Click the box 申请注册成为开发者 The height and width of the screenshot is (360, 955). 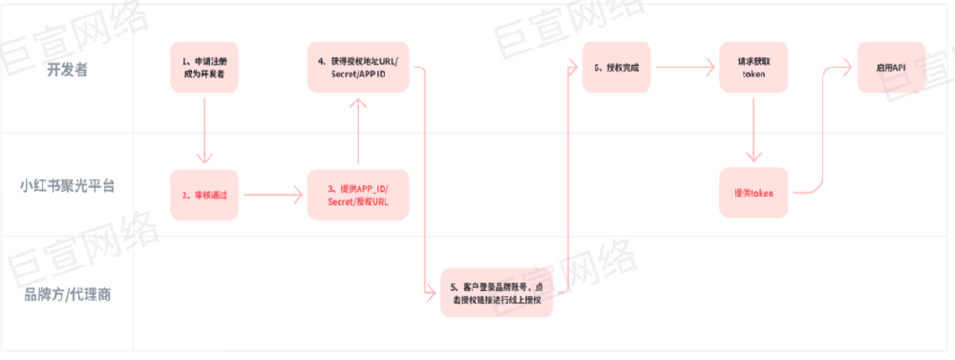click(204, 67)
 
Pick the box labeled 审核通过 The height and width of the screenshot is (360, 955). click(204, 195)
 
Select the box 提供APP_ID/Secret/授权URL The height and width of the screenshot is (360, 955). click(358, 195)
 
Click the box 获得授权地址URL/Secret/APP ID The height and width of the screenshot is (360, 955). click(358, 67)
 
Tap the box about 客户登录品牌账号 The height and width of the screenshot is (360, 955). click(498, 293)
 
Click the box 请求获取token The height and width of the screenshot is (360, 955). click(754, 67)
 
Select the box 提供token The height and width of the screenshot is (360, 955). click(754, 194)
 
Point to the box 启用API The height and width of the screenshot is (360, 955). click(891, 67)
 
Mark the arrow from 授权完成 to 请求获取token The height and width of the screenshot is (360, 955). click(686, 67)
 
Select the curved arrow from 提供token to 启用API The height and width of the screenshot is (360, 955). click(822, 134)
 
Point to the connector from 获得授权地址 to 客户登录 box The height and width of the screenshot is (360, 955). click(423, 181)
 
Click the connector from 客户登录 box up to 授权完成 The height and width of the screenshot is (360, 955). click(568, 181)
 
